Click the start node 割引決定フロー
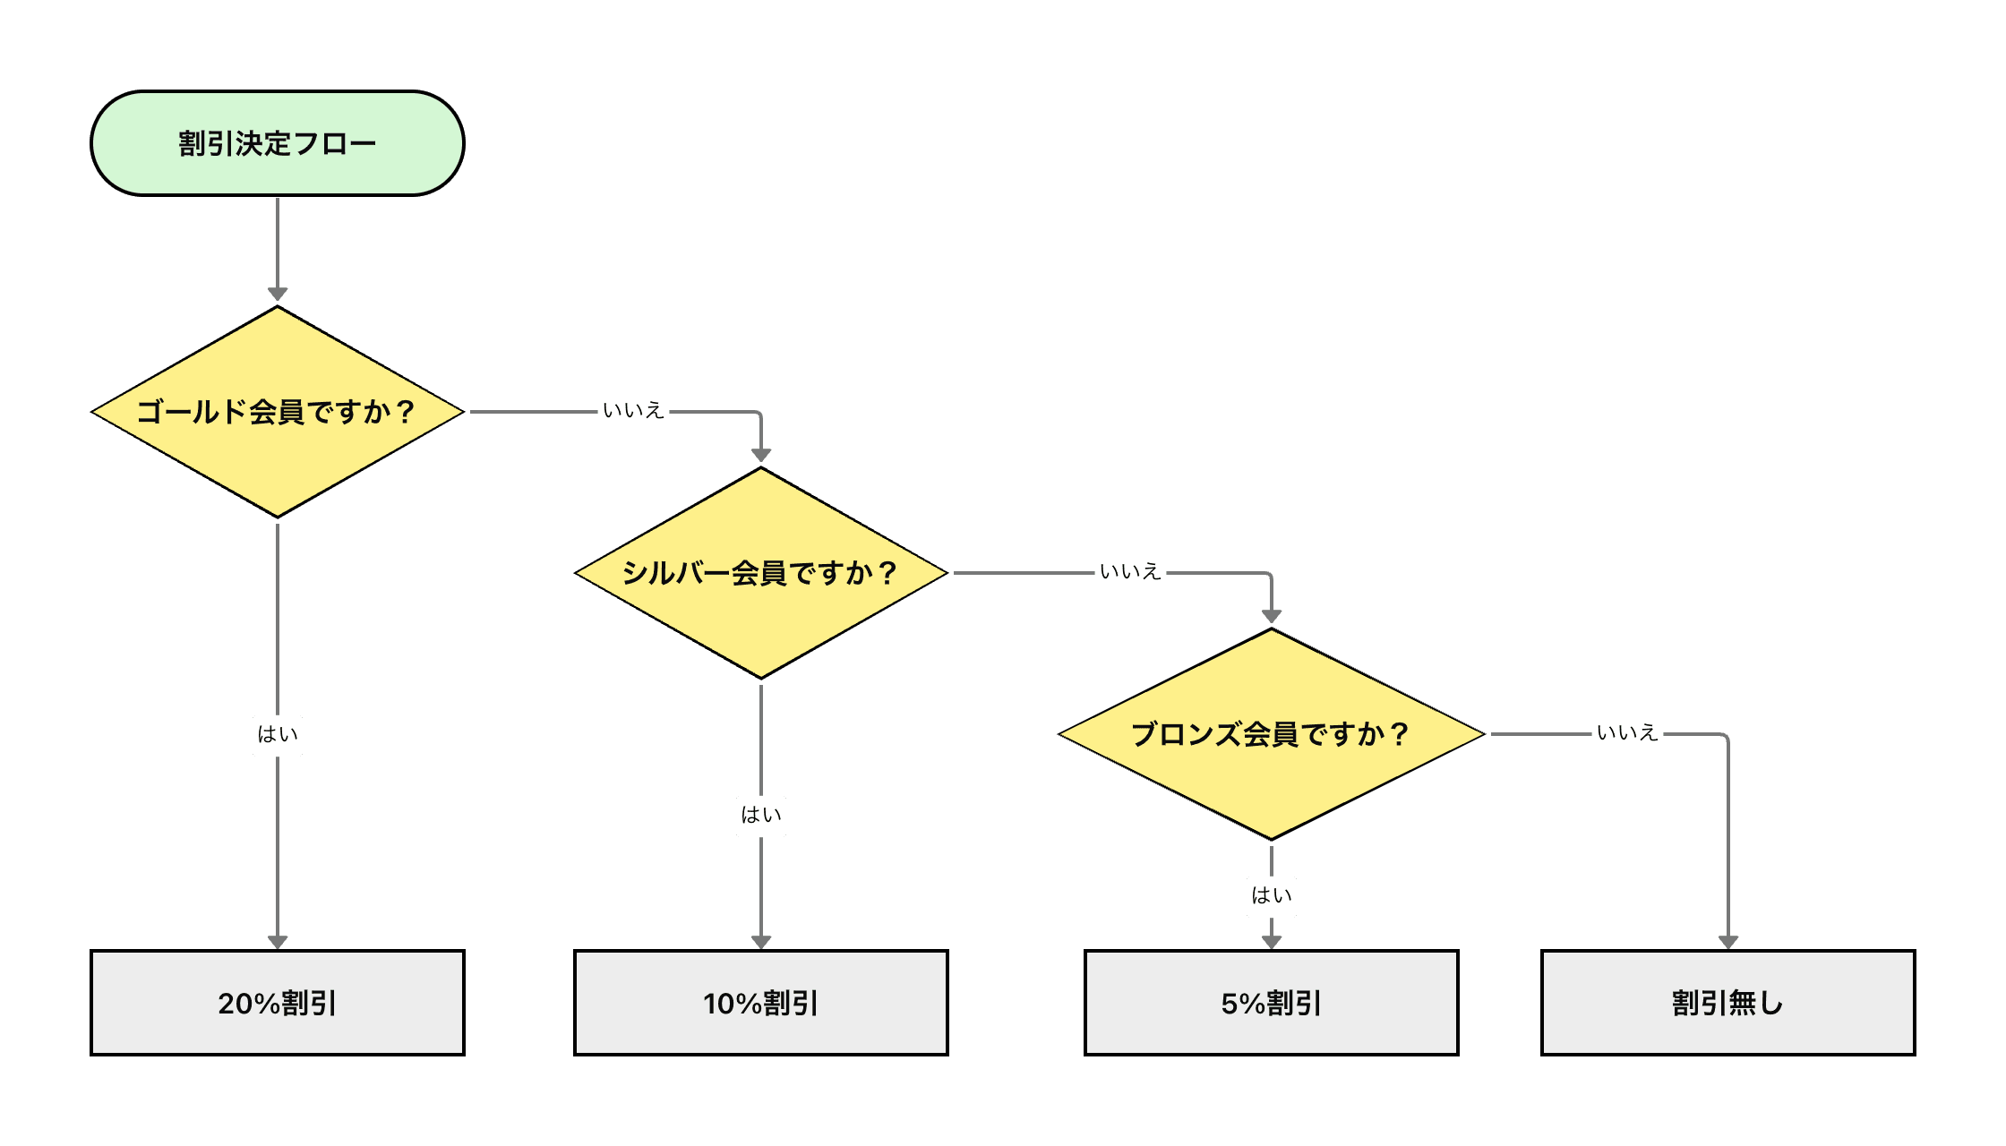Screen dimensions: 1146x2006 [x=278, y=143]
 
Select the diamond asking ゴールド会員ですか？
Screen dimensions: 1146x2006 [x=278, y=412]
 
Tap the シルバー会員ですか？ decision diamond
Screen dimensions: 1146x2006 [x=761, y=573]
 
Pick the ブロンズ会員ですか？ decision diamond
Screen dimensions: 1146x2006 [x=1272, y=734]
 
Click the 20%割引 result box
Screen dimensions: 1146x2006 [x=278, y=1003]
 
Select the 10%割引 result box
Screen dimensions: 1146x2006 [x=761, y=1003]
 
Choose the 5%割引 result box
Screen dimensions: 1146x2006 [x=1272, y=1003]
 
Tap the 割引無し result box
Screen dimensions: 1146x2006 [x=1728, y=1003]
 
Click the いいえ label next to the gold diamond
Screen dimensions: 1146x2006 [x=633, y=412]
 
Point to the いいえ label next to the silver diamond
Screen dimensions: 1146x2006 [x=1130, y=573]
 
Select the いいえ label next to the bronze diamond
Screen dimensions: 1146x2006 [x=1627, y=734]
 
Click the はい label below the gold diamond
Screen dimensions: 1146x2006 [x=278, y=735]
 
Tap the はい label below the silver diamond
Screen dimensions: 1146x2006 [x=761, y=816]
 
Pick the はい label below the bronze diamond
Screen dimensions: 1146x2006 [x=1272, y=896]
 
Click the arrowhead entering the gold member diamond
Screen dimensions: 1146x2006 [x=278, y=295]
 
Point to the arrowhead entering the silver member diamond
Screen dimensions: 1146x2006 [x=761, y=455]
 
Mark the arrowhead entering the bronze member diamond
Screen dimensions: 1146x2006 [x=1272, y=616]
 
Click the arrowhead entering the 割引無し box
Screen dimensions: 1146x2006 [x=1728, y=941]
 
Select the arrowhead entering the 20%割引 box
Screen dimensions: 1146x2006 [x=278, y=941]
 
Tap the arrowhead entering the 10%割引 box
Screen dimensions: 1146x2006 [x=761, y=941]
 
